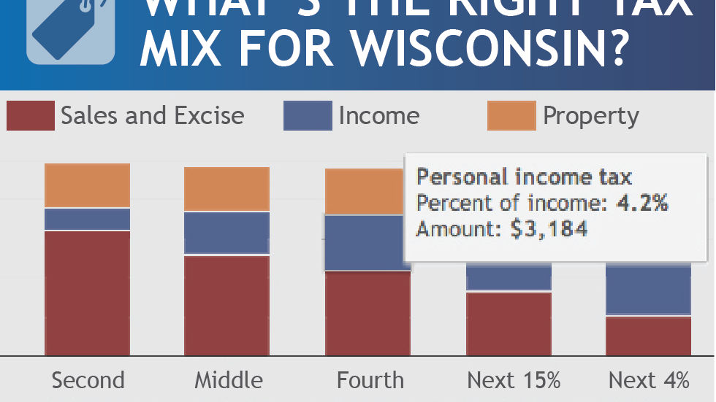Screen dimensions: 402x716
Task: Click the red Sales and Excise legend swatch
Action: tap(31, 116)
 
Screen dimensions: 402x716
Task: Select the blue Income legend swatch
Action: tap(308, 116)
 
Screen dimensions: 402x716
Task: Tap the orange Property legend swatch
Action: tap(511, 116)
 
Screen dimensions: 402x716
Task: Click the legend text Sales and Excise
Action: tap(152, 116)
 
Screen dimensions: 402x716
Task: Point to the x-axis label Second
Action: tap(88, 380)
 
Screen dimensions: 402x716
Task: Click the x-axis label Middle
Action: tap(228, 380)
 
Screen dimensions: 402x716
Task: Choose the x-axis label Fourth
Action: tap(370, 380)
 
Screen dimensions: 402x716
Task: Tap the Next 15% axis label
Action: tap(514, 380)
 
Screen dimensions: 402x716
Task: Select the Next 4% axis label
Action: tap(649, 380)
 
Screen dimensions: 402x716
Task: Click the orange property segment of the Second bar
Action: tap(88, 185)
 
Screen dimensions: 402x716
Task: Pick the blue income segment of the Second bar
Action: tap(88, 219)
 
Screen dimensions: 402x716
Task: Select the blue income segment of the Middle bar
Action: tap(226, 233)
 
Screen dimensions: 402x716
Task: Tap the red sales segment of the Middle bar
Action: tap(226, 306)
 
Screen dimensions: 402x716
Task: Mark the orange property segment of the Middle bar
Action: tap(226, 189)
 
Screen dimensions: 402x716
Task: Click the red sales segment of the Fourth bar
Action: tap(367, 314)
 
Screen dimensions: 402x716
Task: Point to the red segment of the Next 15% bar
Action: tap(509, 324)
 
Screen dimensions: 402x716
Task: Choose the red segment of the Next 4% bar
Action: tap(649, 336)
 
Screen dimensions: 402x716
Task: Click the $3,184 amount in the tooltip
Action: tap(549, 229)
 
